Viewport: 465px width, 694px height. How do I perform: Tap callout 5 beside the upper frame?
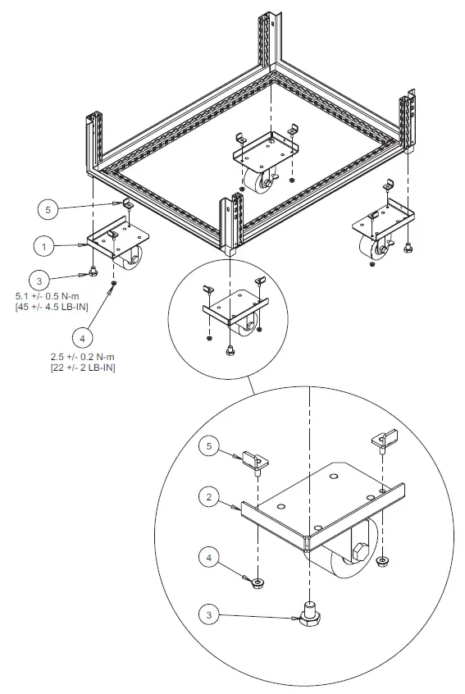[48, 210]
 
